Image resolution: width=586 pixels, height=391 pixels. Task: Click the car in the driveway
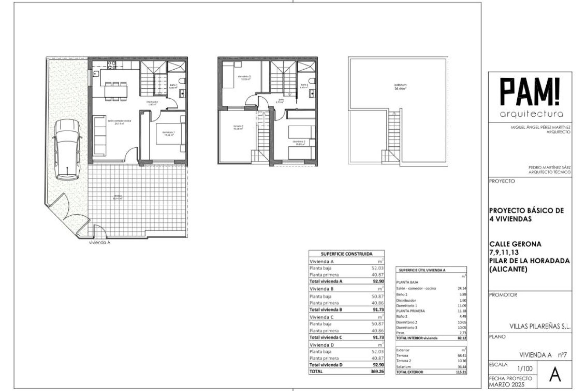point(67,149)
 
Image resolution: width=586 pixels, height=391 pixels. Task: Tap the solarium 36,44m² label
point(400,87)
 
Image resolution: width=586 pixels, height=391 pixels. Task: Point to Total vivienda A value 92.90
point(378,281)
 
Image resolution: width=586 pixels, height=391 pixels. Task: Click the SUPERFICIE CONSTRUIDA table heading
point(346,254)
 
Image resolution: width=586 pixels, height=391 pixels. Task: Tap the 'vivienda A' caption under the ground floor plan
point(99,243)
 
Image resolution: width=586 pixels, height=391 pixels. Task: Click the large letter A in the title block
point(555,375)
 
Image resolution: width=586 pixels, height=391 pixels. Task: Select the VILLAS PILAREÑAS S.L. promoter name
point(540,327)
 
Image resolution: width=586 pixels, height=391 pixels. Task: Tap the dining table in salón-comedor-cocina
point(116,91)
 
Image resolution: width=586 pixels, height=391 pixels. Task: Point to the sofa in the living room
point(99,136)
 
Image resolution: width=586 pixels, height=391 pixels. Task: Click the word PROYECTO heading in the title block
point(502,181)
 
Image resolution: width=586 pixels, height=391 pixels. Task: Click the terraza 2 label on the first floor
point(238,127)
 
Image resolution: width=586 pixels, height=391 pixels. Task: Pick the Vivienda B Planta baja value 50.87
point(378,296)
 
